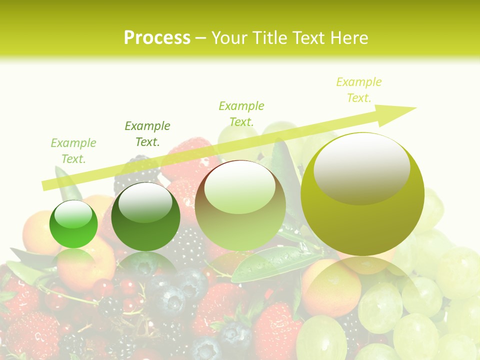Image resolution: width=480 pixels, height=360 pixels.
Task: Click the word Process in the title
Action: click(157, 38)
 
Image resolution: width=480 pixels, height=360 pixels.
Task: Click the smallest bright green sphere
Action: click(73, 224)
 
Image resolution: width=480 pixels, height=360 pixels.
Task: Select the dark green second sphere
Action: click(145, 216)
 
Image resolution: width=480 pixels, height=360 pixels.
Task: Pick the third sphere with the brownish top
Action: click(240, 205)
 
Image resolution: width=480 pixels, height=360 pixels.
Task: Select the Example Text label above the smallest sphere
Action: click(73, 151)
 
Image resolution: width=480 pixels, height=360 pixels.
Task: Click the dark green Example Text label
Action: click(147, 134)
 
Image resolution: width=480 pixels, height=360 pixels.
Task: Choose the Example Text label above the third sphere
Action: click(241, 113)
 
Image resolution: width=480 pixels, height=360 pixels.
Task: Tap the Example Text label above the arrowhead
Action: click(359, 90)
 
